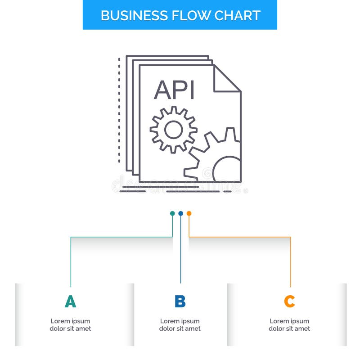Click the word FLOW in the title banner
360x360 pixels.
click(184, 15)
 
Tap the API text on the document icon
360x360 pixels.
click(174, 90)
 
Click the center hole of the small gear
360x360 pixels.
click(173, 130)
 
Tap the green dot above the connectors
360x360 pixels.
click(172, 213)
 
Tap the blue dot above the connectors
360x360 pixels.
click(180, 213)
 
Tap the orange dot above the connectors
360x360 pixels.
click(189, 213)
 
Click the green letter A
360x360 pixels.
click(70, 301)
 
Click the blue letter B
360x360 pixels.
click(180, 301)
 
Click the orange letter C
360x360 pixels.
click(289, 301)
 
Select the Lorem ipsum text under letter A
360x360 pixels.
click(70, 325)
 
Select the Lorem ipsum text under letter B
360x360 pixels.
click(180, 325)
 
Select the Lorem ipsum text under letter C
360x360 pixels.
click(289, 325)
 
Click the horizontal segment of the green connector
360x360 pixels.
click(121, 237)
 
